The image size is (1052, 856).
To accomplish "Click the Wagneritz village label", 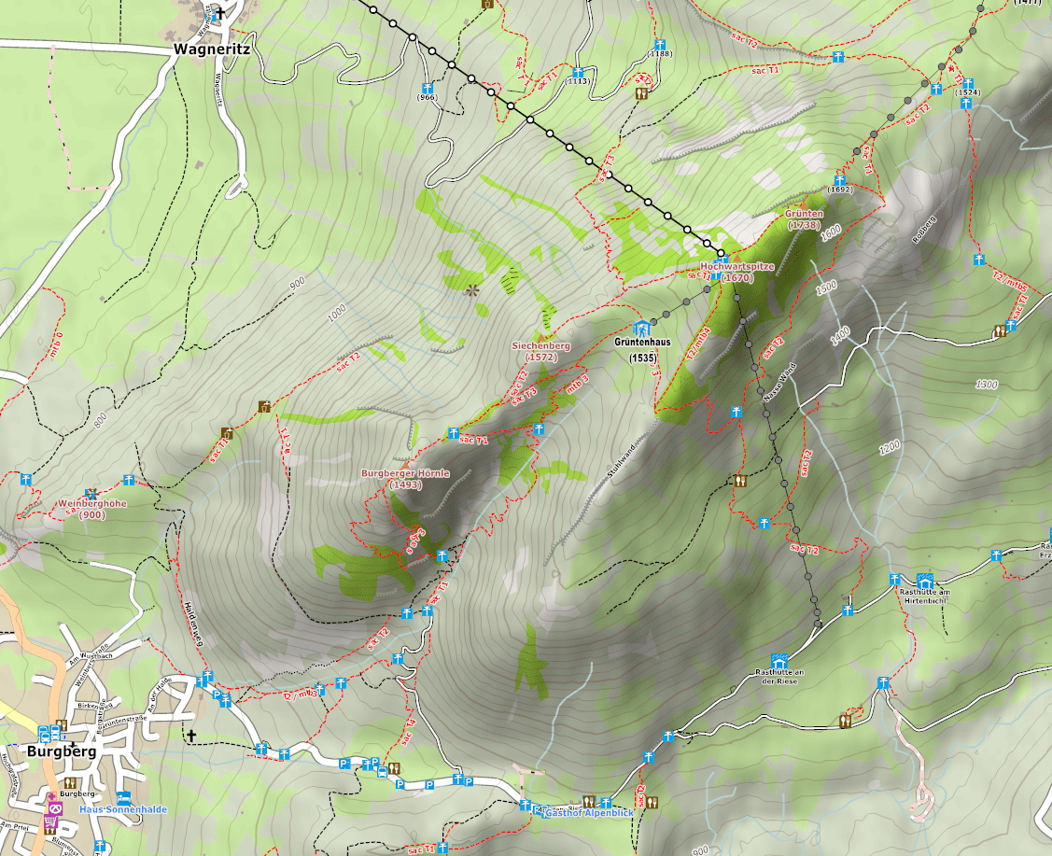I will [210, 49].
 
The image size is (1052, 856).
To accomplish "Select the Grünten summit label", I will [803, 219].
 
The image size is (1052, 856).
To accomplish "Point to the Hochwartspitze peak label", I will [737, 271].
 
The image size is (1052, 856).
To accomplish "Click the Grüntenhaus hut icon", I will [640, 329].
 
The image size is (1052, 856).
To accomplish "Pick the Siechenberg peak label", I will [540, 351].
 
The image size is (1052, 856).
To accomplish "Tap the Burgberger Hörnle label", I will [405, 479].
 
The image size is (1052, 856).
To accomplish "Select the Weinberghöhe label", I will [91, 509].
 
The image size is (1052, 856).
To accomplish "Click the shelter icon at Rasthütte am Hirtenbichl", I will [925, 581].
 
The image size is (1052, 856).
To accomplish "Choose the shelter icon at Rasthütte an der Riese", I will [778, 660].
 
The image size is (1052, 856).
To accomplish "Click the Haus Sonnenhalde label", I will [123, 809].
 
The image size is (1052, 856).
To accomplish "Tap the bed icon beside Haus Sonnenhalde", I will [123, 796].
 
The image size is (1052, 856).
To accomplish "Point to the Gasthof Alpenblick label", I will [588, 814].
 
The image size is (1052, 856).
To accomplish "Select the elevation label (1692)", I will [840, 189].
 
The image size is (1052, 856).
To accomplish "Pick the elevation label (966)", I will [428, 97].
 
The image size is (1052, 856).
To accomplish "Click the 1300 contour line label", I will [986, 385].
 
